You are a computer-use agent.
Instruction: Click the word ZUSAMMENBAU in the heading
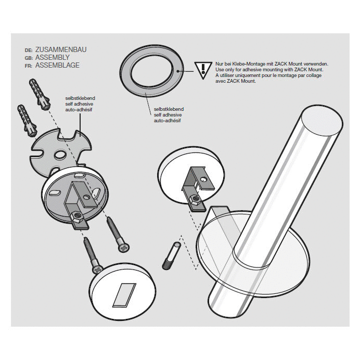60,50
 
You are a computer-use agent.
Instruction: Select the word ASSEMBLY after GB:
52,58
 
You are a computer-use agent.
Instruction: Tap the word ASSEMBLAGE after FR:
57,66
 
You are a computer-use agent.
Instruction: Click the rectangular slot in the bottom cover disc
123,294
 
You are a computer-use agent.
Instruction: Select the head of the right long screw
124,249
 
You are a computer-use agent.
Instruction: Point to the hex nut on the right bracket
197,198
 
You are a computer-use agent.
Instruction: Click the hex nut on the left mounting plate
76,215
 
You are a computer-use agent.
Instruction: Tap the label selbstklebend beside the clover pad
80,98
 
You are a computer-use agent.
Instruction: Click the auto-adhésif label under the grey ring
166,120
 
